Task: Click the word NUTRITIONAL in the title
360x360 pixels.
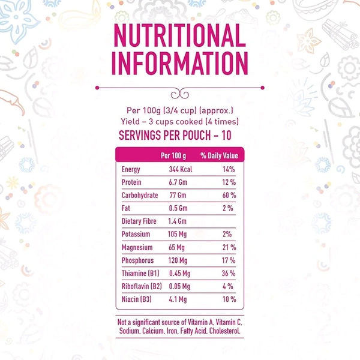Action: point(180,37)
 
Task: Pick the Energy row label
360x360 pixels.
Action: point(131,170)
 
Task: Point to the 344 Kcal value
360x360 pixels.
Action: point(180,170)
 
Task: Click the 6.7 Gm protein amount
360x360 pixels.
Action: point(178,182)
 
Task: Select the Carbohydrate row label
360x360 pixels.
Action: point(140,196)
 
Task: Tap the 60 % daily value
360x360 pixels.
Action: point(227,196)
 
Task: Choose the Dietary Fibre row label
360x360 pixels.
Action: point(139,222)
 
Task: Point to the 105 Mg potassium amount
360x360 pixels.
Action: point(178,235)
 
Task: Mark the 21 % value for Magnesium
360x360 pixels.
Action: point(227,248)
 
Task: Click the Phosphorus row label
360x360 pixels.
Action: point(137,261)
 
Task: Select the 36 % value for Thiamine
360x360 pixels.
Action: point(227,274)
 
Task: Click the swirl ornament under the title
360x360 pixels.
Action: point(180,91)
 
